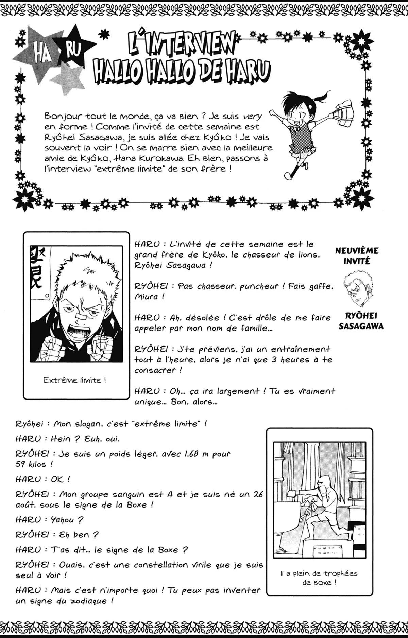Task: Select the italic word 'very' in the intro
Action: coord(253,116)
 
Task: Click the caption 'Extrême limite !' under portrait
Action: coord(74,380)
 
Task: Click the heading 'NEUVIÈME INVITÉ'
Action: coord(357,256)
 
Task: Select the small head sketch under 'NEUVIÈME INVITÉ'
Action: coord(357,287)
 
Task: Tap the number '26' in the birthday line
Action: coord(258,494)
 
